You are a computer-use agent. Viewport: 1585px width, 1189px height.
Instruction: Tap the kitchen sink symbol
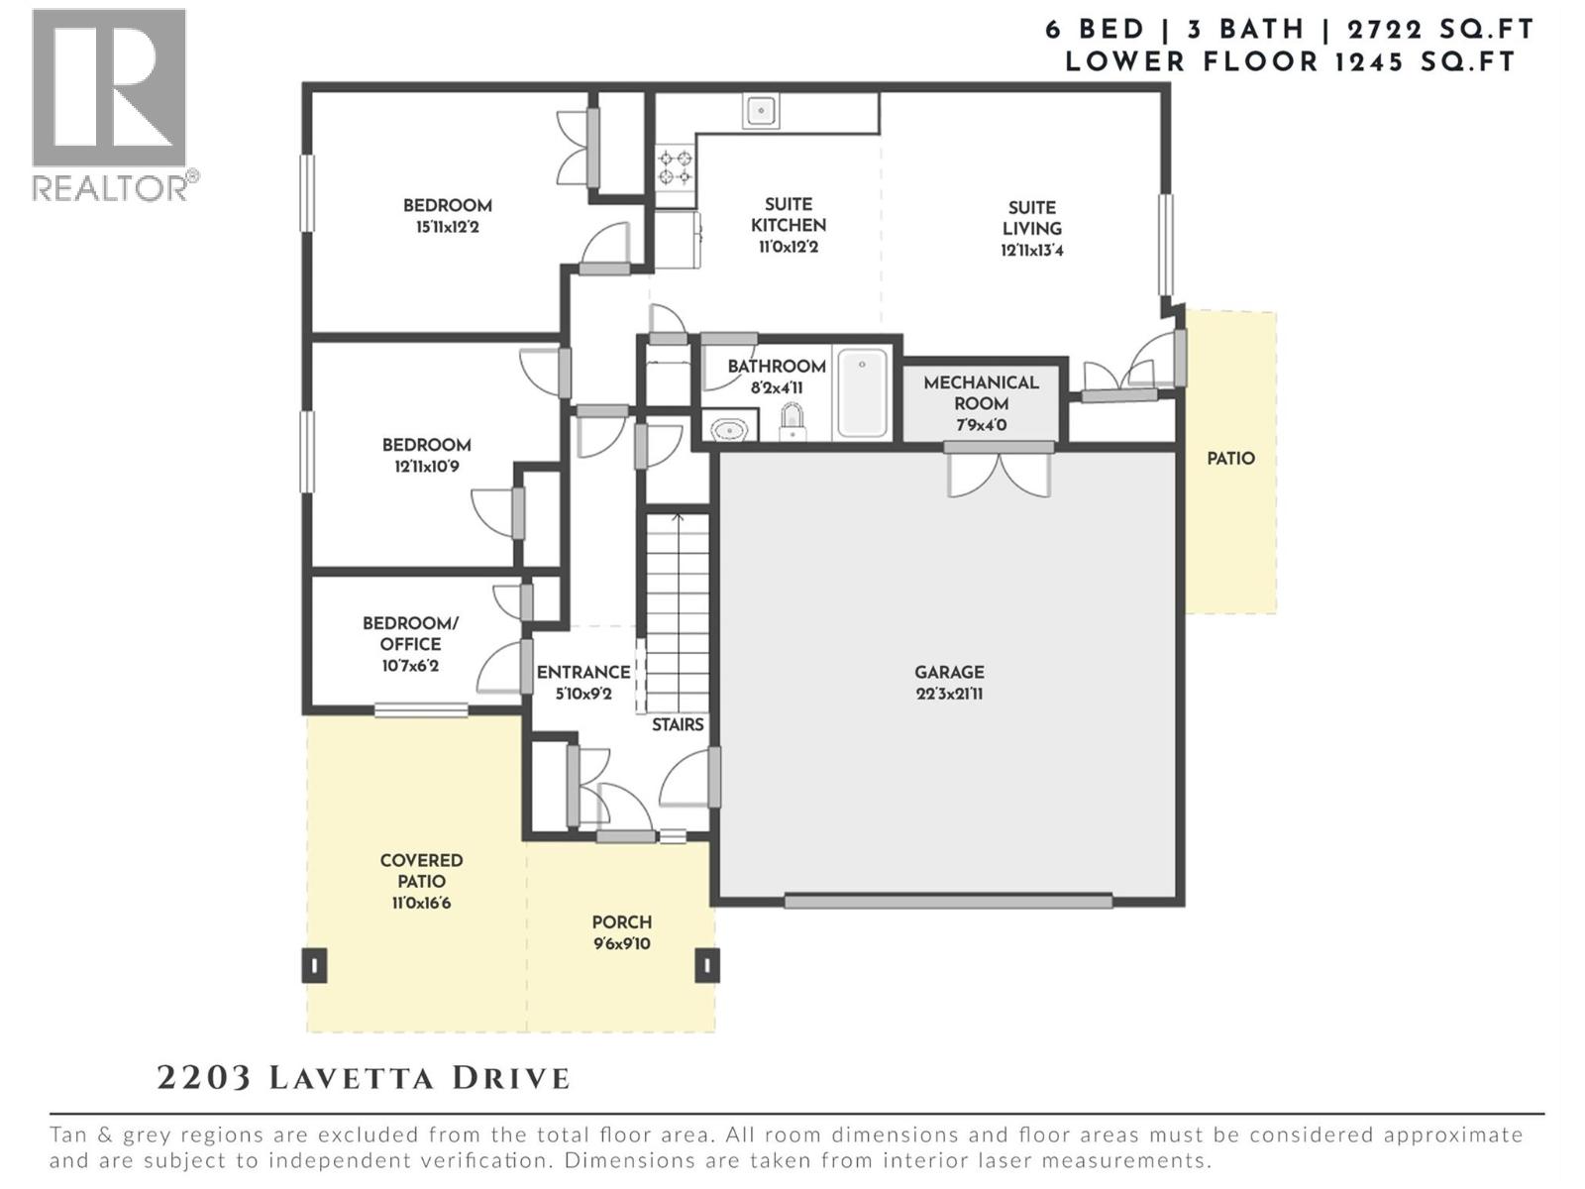tap(761, 111)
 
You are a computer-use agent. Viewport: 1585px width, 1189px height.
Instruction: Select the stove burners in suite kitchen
tap(675, 167)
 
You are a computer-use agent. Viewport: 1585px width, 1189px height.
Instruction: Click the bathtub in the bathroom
tap(862, 391)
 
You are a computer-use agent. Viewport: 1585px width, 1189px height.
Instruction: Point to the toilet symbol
tap(792, 422)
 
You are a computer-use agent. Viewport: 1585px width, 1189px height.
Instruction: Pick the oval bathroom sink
tap(731, 429)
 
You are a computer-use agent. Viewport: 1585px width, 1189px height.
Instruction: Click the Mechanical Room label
tap(981, 392)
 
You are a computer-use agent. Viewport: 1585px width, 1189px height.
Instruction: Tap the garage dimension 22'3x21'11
tap(949, 694)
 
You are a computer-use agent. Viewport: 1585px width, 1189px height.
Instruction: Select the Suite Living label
tap(1031, 217)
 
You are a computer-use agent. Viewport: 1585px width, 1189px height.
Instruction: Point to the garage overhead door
tap(948, 902)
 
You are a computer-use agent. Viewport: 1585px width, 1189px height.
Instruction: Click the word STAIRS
tap(678, 724)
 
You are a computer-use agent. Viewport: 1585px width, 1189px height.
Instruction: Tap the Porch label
tap(622, 921)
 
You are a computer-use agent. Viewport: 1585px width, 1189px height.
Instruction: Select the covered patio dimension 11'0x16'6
tap(421, 903)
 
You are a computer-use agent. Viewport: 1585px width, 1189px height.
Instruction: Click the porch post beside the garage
tap(706, 965)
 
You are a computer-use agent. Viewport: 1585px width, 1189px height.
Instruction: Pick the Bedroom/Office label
tap(410, 633)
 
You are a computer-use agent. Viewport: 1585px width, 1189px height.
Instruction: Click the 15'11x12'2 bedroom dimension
tap(447, 227)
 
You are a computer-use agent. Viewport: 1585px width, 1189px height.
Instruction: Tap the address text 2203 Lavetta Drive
tap(364, 1078)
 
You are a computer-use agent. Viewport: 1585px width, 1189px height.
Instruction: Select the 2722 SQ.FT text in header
tap(1440, 30)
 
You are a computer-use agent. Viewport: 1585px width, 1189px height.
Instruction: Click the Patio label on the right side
tap(1230, 459)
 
